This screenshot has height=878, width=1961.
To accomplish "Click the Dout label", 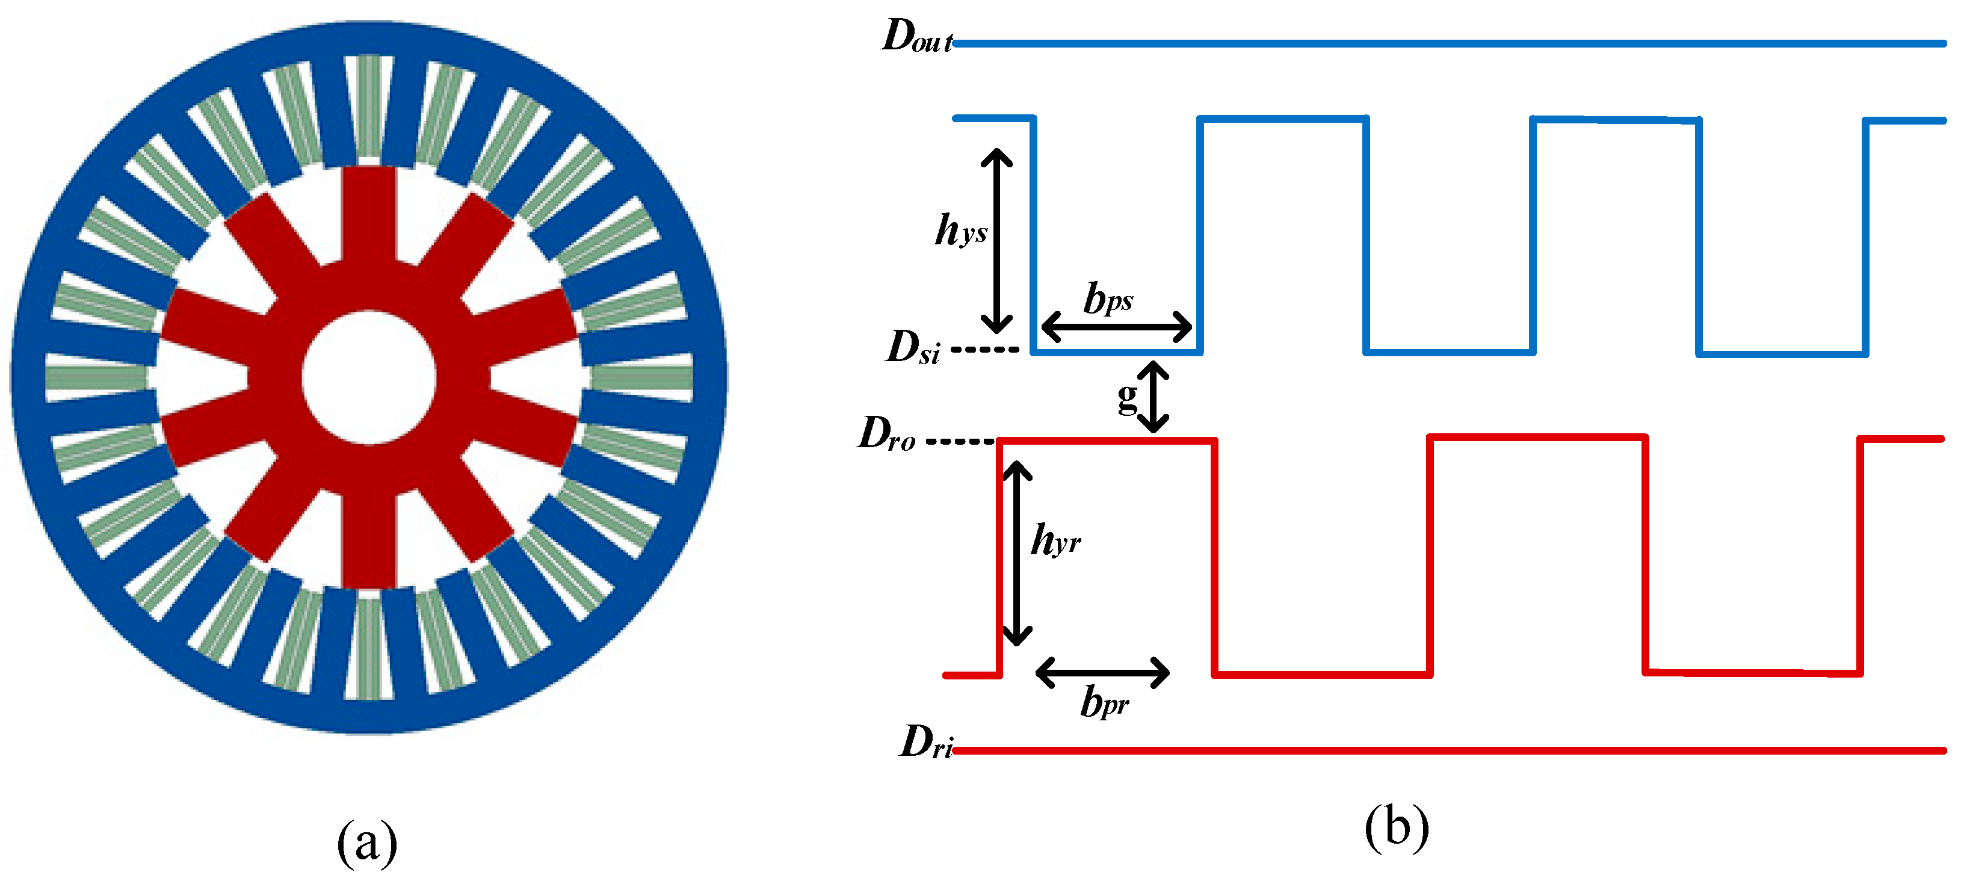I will click(x=915, y=36).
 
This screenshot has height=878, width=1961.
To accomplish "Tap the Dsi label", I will click(x=913, y=348).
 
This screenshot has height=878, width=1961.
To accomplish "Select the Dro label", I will click(x=887, y=435).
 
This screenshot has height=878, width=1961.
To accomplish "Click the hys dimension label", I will click(x=961, y=230).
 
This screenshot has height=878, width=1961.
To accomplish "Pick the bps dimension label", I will click(x=1108, y=298).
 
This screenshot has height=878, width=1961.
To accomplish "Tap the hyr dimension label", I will click(x=1055, y=540).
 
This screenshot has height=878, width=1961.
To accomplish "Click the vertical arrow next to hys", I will click(x=996, y=241).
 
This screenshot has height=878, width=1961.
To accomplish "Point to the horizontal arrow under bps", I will click(x=1116, y=327).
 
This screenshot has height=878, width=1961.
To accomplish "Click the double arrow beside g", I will click(x=1154, y=397).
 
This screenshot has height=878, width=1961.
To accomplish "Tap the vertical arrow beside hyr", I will click(x=1016, y=554).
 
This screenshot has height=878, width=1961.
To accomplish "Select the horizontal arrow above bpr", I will click(x=1102, y=672).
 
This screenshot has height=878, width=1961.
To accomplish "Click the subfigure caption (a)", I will click(x=367, y=842).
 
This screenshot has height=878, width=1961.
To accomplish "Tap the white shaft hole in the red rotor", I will click(x=369, y=377).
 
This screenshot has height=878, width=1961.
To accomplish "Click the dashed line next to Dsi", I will click(x=985, y=350).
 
